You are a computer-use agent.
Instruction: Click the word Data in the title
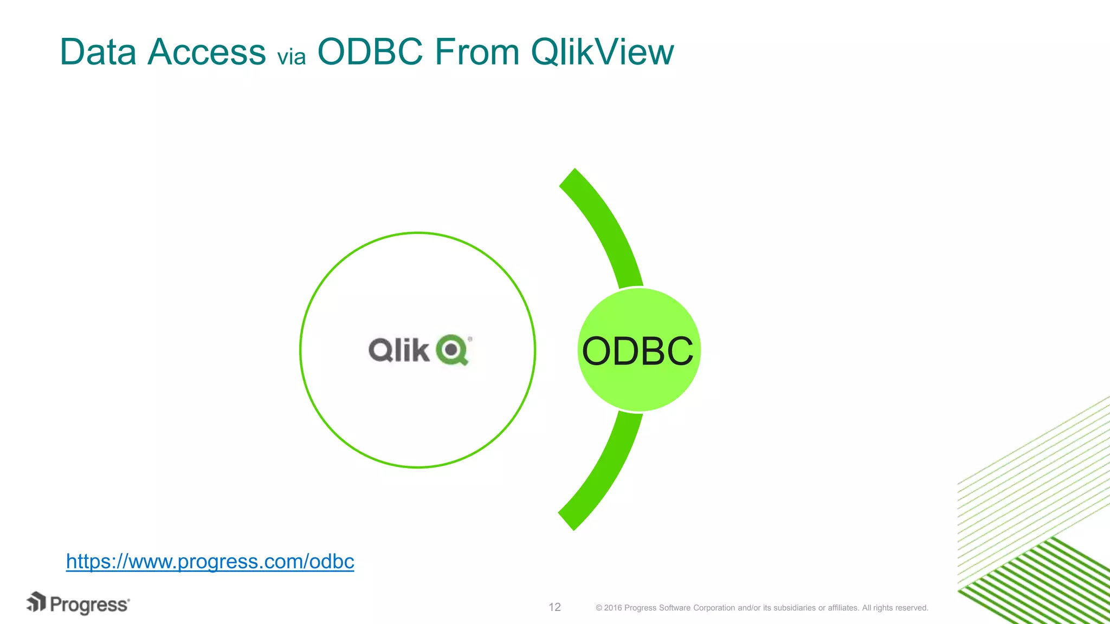pyautogui.click(x=98, y=52)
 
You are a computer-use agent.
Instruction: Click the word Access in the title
pyautogui.click(x=206, y=52)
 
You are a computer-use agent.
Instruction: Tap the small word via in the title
pyautogui.click(x=291, y=56)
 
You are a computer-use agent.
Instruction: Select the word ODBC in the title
pyautogui.click(x=370, y=52)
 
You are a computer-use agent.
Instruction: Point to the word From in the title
pyautogui.click(x=477, y=52)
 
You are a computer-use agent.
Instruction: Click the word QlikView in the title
pyautogui.click(x=602, y=52)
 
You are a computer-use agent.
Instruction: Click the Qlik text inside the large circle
pyautogui.click(x=399, y=350)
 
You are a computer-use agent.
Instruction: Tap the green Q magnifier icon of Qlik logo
pyautogui.click(x=452, y=350)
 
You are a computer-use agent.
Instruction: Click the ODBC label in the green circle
pyautogui.click(x=637, y=351)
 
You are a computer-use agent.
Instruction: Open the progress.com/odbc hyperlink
pyautogui.click(x=210, y=561)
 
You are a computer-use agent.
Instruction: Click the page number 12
pyautogui.click(x=554, y=607)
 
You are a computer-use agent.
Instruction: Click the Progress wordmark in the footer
pyautogui.click(x=89, y=604)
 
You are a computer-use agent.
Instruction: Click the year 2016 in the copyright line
pyautogui.click(x=613, y=608)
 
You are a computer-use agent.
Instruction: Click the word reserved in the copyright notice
pyautogui.click(x=912, y=608)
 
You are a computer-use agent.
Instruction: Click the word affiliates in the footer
pyautogui.click(x=843, y=608)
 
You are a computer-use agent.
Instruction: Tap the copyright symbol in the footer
pyautogui.click(x=599, y=608)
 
